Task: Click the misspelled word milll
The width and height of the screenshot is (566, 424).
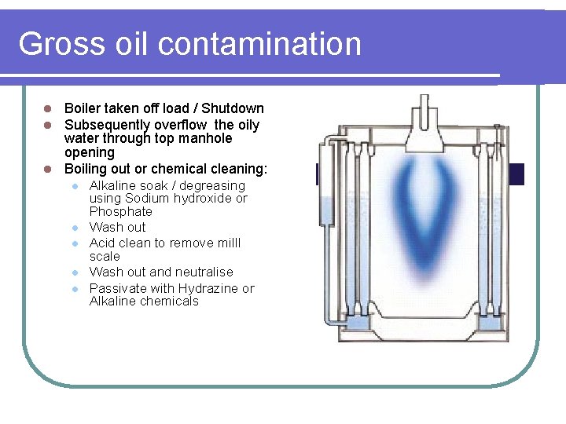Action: point(226,243)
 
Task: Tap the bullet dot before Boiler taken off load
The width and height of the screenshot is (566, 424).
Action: point(47,108)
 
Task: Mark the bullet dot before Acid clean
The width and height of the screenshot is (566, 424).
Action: point(73,243)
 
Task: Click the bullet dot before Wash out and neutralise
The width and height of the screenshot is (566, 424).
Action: point(73,272)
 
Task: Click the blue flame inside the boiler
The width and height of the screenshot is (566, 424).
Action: point(424,196)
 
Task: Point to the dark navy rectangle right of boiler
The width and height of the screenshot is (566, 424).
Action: point(516,174)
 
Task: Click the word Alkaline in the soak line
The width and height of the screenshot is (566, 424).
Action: point(113,186)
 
